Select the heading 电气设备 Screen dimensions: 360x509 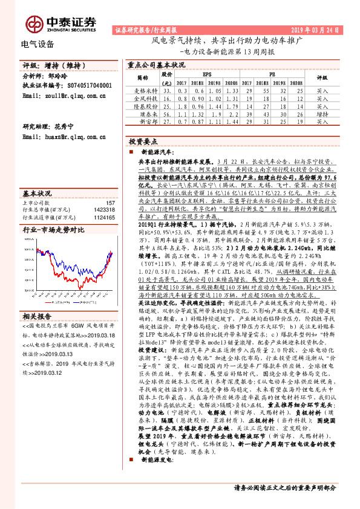pyautogui.click(x=38, y=44)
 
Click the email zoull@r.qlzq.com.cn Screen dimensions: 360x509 pyautogui.click(x=63, y=96)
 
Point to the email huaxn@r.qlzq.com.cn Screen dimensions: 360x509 pyautogui.click(x=63, y=138)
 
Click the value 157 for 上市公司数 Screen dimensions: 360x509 pyautogui.click(x=110, y=203)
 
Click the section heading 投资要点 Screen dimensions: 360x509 pyautogui.click(x=140, y=140)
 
